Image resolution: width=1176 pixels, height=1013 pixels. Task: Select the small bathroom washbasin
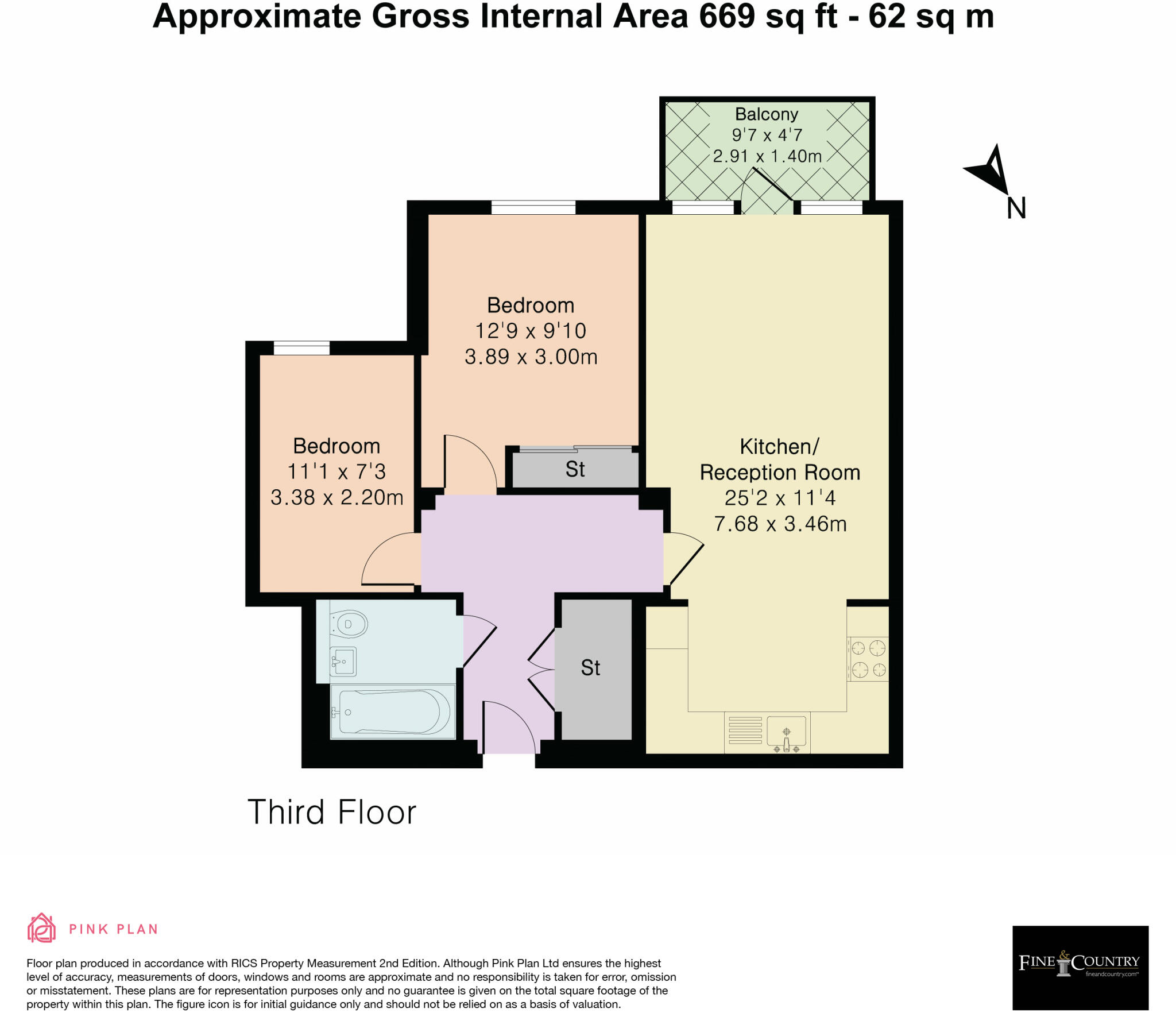pyautogui.click(x=343, y=662)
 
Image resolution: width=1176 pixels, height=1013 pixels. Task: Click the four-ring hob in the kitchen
pyautogui.click(x=868, y=659)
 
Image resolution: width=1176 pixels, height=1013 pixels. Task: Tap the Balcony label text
pyautogui.click(x=767, y=114)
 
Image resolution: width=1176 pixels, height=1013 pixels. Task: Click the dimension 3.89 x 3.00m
pyautogui.click(x=531, y=357)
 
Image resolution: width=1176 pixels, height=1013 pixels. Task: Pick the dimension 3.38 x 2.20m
pyautogui.click(x=336, y=497)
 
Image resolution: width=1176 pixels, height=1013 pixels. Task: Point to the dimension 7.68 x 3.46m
pyautogui.click(x=780, y=524)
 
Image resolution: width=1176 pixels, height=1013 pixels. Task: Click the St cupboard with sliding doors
pyautogui.click(x=575, y=469)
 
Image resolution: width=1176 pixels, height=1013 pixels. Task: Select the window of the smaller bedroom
pyautogui.click(x=301, y=348)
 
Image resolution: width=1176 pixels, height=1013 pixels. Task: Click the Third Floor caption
pyautogui.click(x=331, y=812)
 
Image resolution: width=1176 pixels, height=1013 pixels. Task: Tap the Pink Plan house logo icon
pyautogui.click(x=41, y=929)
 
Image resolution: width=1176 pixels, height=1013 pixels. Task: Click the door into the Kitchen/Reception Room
pyautogui.click(x=683, y=560)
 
